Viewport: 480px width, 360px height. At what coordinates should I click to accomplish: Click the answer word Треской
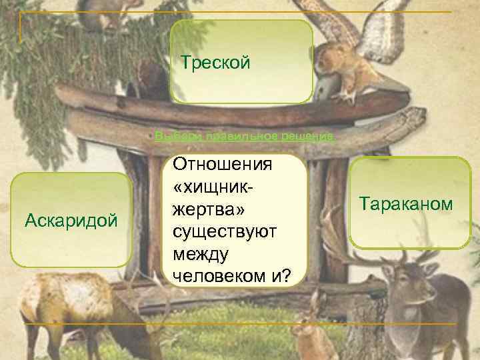215,64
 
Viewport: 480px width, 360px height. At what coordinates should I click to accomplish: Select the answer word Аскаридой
71,219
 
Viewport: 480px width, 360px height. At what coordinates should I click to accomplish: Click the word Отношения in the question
213,164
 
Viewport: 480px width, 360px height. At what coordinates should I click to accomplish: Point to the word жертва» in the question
209,210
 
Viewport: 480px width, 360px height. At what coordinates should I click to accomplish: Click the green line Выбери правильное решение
244,137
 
